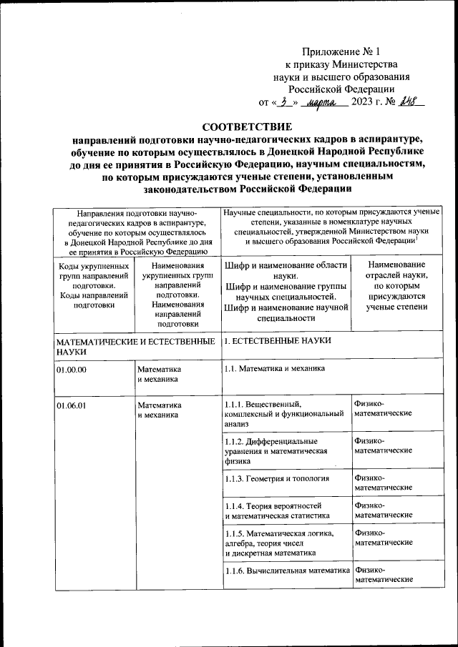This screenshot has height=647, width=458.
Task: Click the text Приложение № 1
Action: pyautogui.click(x=343, y=52)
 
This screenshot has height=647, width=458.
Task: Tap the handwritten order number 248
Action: pyautogui.click(x=409, y=102)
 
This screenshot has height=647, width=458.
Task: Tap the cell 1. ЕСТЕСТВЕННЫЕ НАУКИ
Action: pyautogui.click(x=278, y=341)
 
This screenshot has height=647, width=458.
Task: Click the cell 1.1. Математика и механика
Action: pyautogui.click(x=275, y=369)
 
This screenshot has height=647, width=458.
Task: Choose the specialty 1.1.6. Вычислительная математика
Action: pyautogui.click(x=286, y=570)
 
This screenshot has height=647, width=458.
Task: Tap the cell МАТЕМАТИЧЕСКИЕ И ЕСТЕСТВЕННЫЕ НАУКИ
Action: pyautogui.click(x=136, y=347)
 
